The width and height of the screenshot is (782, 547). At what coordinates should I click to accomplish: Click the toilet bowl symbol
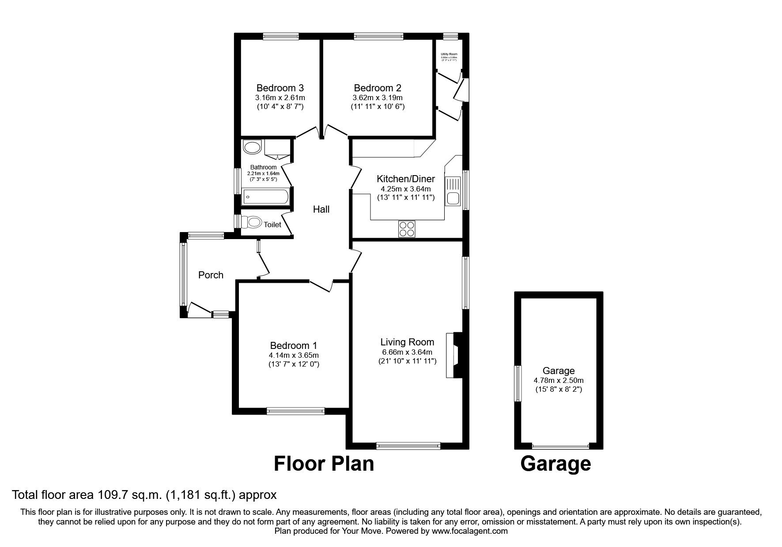[254, 222]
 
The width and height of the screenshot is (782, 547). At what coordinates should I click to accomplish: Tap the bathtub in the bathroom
[265, 197]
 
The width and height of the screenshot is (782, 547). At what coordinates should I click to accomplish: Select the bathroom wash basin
[252, 147]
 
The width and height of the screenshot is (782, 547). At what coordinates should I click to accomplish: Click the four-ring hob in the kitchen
[407, 229]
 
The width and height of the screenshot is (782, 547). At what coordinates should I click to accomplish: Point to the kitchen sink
[453, 191]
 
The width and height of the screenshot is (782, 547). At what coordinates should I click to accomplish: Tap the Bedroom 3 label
[280, 88]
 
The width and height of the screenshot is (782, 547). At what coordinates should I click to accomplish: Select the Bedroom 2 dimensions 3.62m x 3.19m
[378, 97]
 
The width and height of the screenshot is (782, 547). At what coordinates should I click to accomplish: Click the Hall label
[321, 210]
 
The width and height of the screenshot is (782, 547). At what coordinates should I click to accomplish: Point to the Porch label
[211, 275]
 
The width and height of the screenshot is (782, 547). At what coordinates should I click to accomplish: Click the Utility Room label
[449, 54]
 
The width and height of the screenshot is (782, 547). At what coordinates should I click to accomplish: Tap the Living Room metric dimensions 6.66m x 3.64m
[407, 352]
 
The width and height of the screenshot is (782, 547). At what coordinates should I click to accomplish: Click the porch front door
[198, 309]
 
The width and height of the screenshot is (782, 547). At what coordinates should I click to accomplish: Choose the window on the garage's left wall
[518, 383]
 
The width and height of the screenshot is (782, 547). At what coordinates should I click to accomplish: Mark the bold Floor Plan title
[324, 464]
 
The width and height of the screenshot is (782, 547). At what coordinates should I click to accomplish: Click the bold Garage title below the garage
[555, 464]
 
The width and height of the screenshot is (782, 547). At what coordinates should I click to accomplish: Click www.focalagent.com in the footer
[469, 531]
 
